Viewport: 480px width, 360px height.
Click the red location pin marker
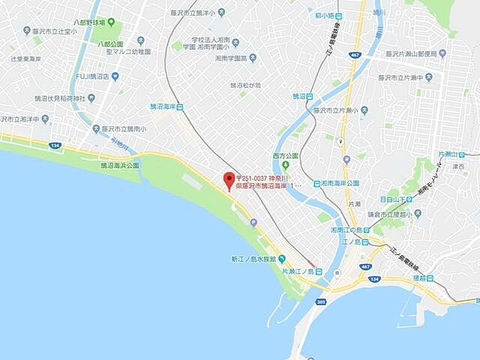click(229, 179)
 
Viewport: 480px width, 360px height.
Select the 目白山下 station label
click(395, 199)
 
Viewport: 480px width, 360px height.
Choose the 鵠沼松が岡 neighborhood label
click(245, 85)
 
